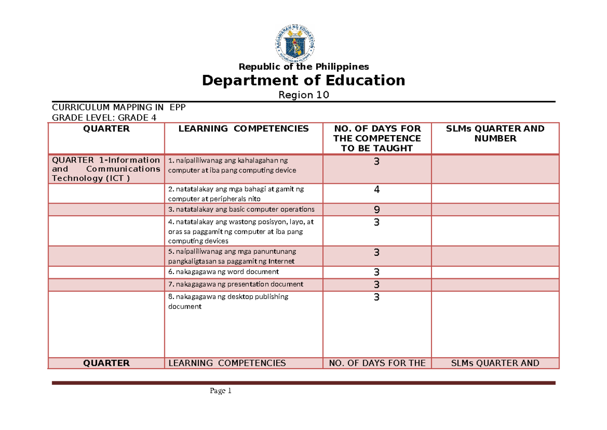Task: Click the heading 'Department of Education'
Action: click(x=303, y=81)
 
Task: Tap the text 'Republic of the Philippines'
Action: click(x=303, y=67)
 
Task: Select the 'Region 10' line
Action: click(x=303, y=95)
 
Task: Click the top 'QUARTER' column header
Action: click(x=106, y=129)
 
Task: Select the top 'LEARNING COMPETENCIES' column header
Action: click(x=243, y=129)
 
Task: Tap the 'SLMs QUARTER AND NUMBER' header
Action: click(x=495, y=133)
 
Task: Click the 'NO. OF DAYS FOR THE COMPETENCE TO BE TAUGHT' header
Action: click(x=377, y=138)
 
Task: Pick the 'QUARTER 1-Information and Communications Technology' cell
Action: click(x=106, y=169)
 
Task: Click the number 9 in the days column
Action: click(x=376, y=210)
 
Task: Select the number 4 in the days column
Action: click(x=376, y=190)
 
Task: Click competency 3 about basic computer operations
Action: click(x=242, y=209)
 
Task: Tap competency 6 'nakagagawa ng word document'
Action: click(x=224, y=272)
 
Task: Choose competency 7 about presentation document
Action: click(x=236, y=284)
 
